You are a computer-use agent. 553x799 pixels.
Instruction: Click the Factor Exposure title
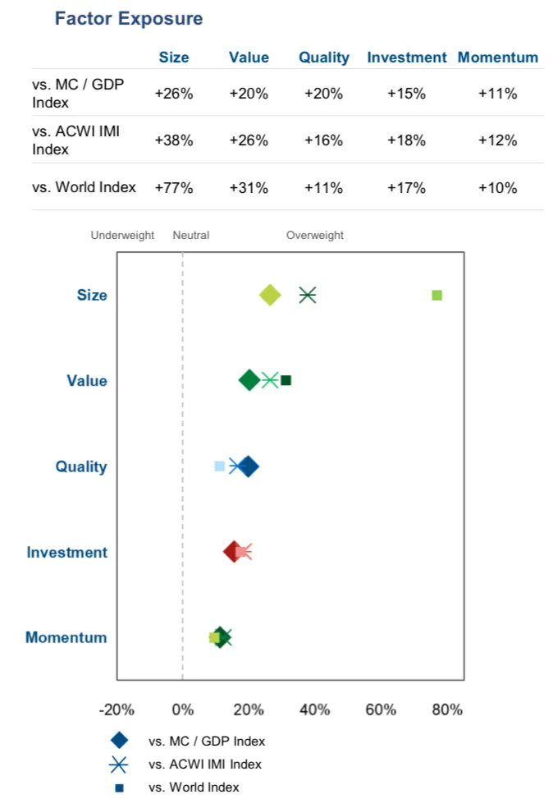click(128, 18)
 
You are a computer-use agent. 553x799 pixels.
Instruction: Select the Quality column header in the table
click(323, 57)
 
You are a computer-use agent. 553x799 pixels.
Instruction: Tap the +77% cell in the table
click(173, 188)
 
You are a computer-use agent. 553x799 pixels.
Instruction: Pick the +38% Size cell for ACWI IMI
click(173, 140)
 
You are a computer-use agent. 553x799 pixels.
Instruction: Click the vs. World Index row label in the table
click(85, 188)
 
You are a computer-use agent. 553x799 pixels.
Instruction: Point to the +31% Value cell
click(249, 188)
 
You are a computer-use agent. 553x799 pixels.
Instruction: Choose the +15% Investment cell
click(406, 94)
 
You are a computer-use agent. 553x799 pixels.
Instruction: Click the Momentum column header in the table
click(497, 57)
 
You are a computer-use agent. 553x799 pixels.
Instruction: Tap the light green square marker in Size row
click(437, 296)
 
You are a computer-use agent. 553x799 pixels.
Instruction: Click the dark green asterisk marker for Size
click(308, 296)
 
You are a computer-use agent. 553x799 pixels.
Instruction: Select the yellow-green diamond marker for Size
click(270, 296)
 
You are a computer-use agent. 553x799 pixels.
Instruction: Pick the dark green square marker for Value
click(286, 380)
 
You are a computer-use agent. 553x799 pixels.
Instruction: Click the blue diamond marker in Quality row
click(248, 466)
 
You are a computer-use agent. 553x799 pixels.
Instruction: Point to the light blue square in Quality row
click(219, 466)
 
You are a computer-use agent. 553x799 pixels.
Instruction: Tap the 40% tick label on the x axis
click(315, 709)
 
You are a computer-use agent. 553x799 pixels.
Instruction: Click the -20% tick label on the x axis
click(117, 709)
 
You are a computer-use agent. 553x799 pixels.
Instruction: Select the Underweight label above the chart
click(122, 236)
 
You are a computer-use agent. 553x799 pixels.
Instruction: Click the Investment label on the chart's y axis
click(66, 553)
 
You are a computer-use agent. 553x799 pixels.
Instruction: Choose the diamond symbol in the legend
click(119, 741)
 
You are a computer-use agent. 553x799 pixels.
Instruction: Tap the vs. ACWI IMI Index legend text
click(205, 765)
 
